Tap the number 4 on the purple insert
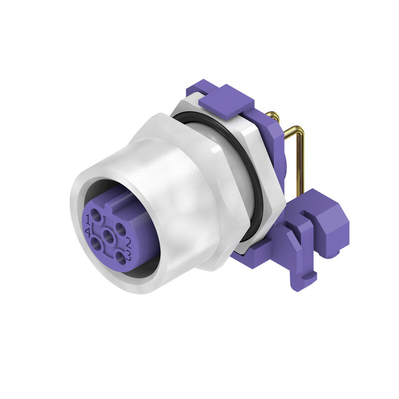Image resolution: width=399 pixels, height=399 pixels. point(88,232)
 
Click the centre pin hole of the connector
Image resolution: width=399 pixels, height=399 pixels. point(108,235)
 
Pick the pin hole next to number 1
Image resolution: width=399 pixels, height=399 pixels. point(98,216)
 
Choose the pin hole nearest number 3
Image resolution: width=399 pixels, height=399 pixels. point(120,258)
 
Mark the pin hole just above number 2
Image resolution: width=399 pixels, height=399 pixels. point(121,229)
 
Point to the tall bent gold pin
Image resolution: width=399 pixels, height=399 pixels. point(299,155)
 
